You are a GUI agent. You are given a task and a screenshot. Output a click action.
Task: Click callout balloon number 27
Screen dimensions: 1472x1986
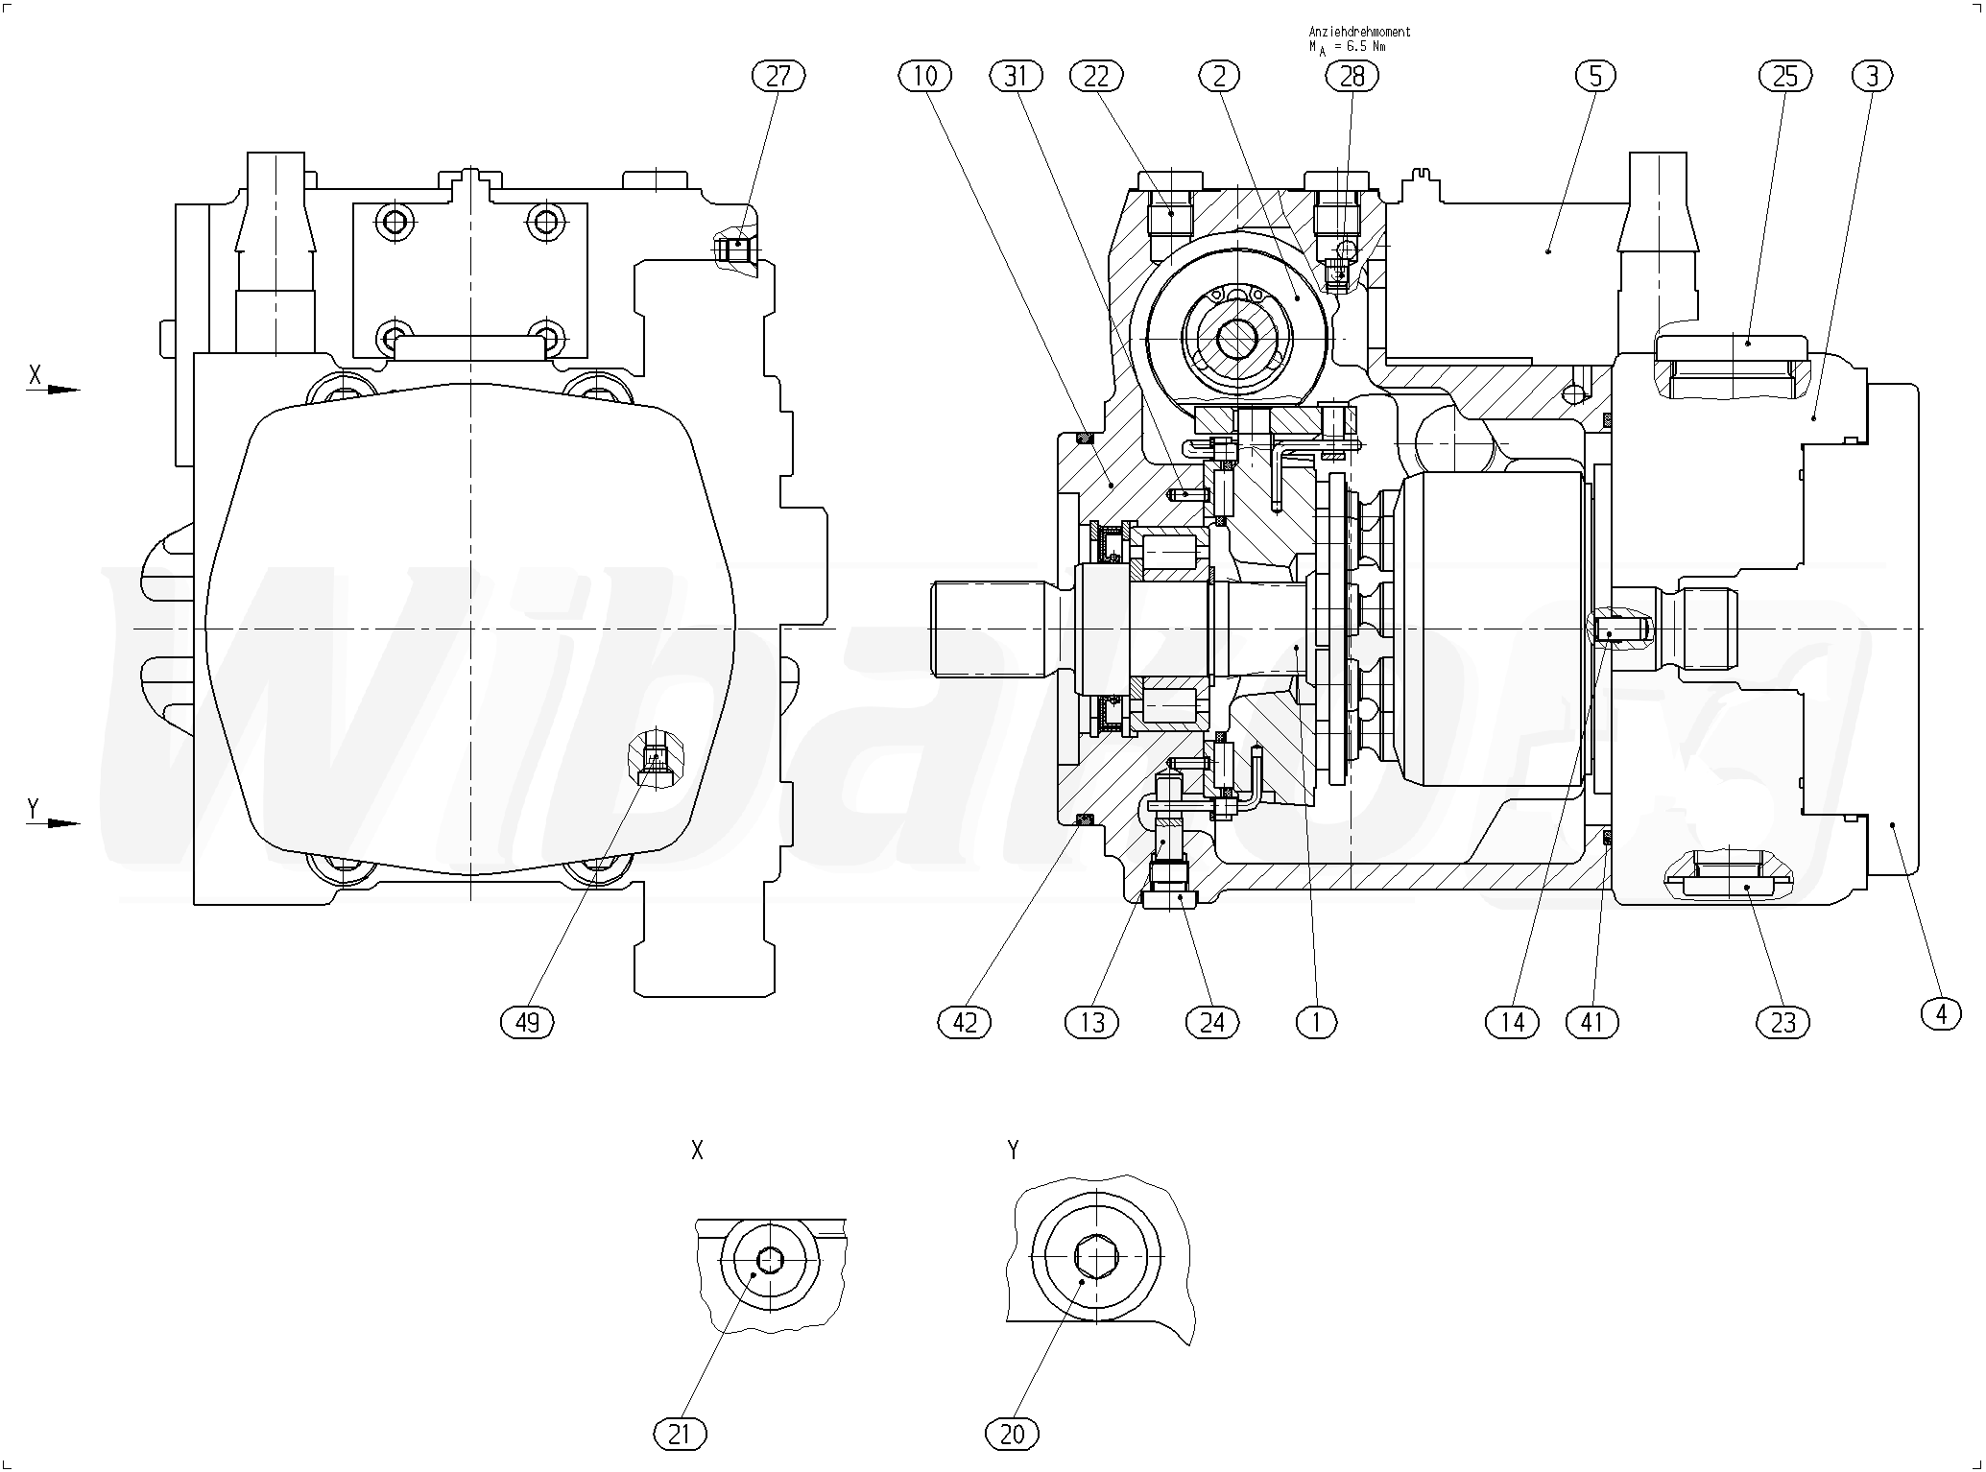(778, 76)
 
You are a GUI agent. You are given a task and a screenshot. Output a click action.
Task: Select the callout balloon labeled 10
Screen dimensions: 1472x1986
(925, 76)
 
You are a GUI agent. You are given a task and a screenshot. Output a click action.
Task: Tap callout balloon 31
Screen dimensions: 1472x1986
(1016, 76)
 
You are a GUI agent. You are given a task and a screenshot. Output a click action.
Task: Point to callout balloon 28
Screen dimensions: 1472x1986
(1352, 76)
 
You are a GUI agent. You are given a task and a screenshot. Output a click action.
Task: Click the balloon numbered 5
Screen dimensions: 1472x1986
(1595, 76)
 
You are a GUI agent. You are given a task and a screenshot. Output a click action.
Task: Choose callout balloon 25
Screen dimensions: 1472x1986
(1784, 76)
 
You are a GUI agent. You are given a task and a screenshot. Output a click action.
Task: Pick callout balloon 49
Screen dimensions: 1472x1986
(528, 1023)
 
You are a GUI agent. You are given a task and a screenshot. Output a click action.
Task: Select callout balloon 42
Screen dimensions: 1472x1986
(964, 1023)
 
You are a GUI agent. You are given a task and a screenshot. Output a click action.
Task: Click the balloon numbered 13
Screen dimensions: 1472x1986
(1092, 1023)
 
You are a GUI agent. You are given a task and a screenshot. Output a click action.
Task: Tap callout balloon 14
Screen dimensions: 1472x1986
(1512, 1023)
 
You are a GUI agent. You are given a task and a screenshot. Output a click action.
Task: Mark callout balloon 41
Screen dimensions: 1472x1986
(1591, 1023)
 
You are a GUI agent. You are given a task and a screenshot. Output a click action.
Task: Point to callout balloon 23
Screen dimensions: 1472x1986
(1783, 1023)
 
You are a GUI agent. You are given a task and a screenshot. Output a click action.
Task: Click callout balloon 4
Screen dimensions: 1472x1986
(1942, 1013)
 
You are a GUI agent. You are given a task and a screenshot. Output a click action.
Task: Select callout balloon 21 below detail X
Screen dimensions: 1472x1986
(680, 1435)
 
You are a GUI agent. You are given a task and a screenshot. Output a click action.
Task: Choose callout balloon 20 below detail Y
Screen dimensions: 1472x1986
(1012, 1435)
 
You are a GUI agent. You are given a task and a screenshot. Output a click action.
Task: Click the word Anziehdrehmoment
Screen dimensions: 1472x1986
(1359, 32)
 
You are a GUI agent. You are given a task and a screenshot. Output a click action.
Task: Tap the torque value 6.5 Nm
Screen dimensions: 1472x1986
(1364, 46)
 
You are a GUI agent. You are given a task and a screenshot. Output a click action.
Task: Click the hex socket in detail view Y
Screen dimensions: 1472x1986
(1095, 1256)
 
